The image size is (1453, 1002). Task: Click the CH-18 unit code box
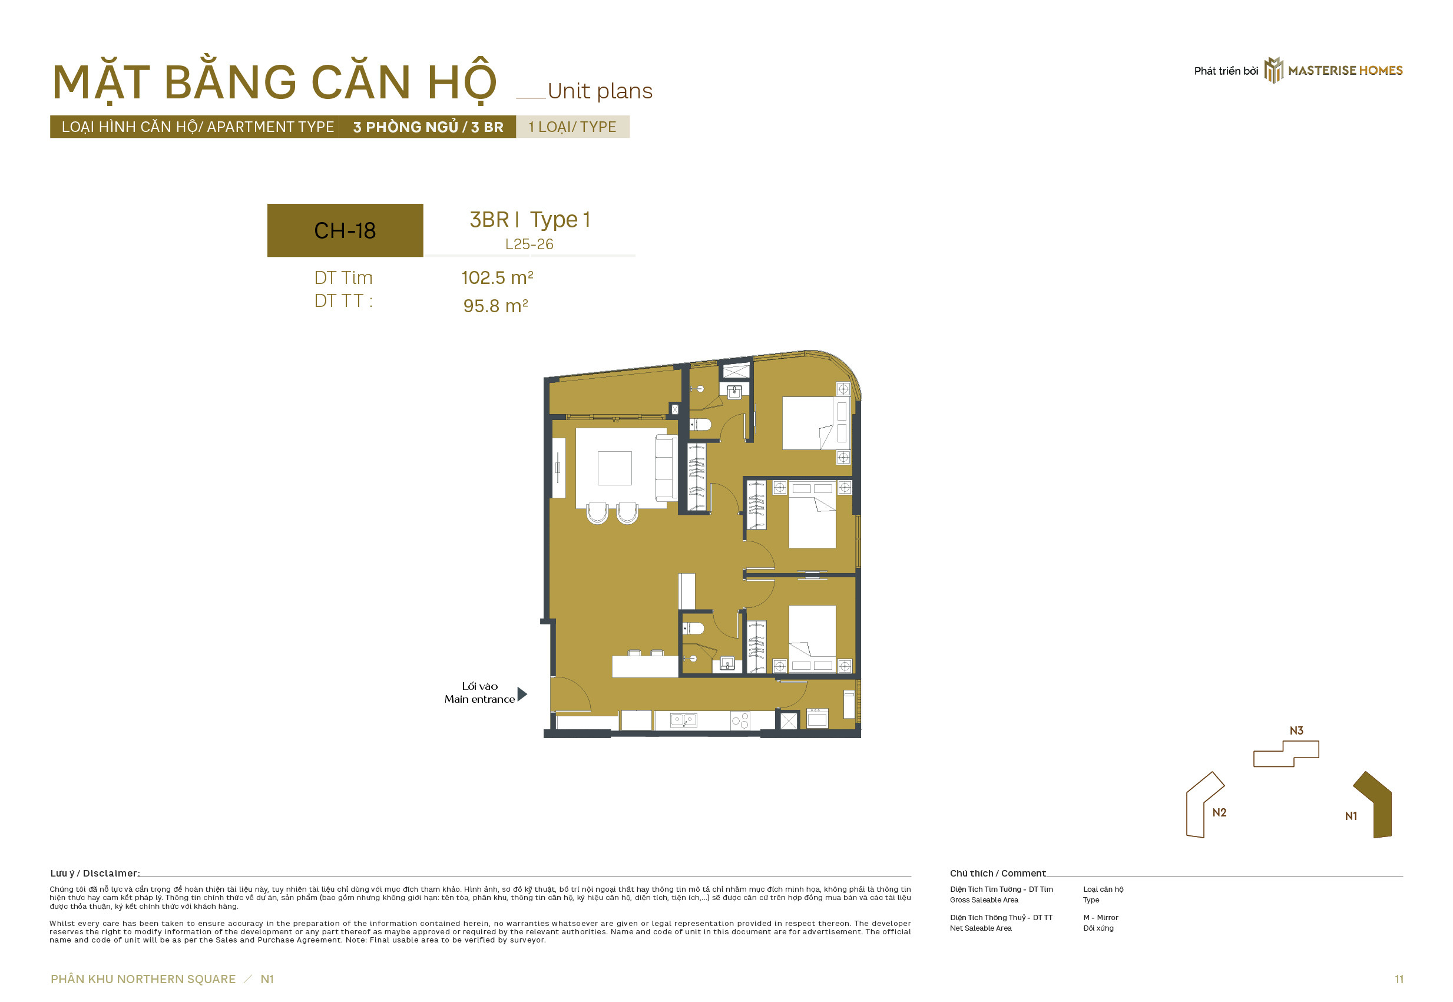[x=345, y=230]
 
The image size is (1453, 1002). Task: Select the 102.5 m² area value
[x=497, y=277]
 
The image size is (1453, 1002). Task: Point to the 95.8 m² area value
[x=496, y=306]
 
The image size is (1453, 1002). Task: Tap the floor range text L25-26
[x=529, y=244]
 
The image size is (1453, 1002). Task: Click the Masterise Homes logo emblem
[x=1273, y=70]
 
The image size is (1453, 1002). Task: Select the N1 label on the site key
[x=1351, y=816]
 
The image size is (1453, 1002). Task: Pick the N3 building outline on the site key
[x=1286, y=753]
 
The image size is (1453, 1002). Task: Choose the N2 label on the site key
[x=1219, y=812]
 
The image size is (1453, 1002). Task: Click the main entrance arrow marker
[x=522, y=694]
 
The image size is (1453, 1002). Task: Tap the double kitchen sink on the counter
[x=684, y=719]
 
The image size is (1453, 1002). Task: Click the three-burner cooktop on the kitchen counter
[x=740, y=719]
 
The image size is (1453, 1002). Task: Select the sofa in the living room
[x=666, y=468]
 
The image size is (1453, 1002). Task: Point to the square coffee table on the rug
[x=614, y=468]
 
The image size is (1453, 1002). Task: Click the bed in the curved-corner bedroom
[x=809, y=422]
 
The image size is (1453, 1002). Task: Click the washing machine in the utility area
[x=816, y=717]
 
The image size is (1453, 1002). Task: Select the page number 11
[x=1399, y=979]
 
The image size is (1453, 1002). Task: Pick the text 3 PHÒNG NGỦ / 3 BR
[x=428, y=127]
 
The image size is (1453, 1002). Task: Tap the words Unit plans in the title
[x=600, y=91]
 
